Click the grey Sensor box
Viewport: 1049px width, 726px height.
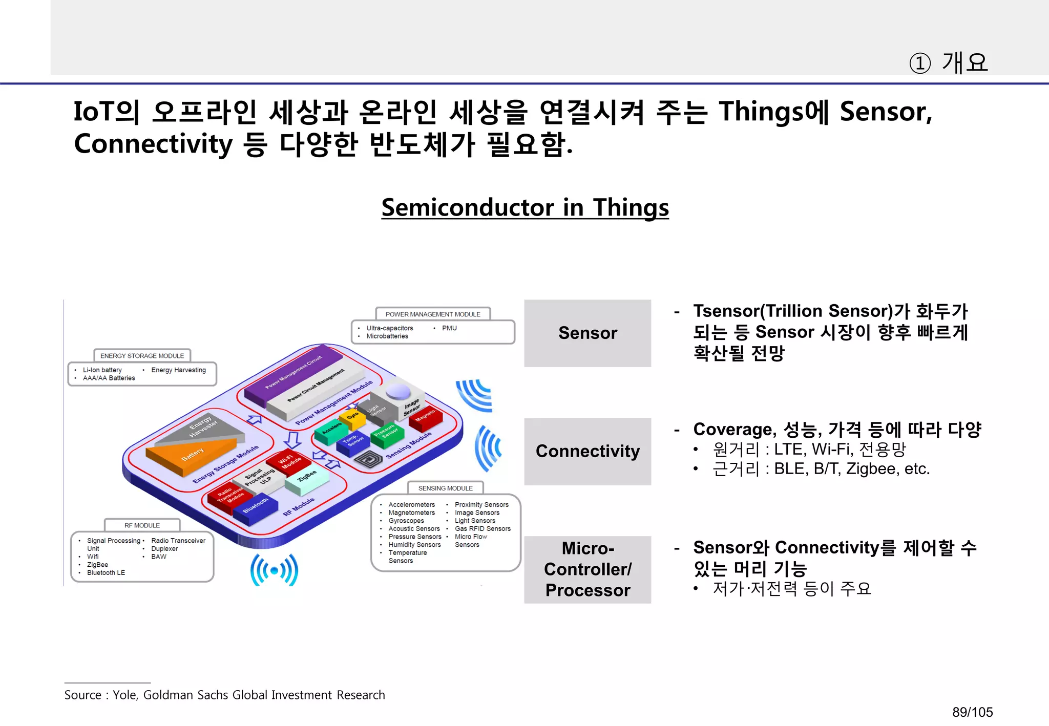click(587, 333)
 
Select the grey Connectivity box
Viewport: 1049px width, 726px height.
click(587, 451)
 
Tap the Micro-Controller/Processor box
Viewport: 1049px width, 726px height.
click(587, 569)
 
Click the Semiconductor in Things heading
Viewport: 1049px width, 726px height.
click(524, 207)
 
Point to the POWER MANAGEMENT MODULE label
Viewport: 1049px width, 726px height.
click(433, 314)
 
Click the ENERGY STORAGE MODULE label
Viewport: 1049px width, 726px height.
click(142, 356)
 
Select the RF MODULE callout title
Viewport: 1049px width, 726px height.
click(142, 525)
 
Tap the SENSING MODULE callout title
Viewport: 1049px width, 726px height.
click(445, 488)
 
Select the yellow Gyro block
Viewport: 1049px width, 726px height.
click(353, 417)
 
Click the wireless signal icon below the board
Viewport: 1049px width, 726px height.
click(274, 570)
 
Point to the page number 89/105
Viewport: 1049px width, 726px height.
click(972, 712)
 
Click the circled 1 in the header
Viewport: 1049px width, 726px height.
click(919, 63)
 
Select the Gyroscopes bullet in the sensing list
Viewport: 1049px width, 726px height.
click(406, 521)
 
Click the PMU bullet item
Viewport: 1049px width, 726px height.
click(449, 328)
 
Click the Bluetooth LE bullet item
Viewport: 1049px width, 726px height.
click(106, 573)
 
